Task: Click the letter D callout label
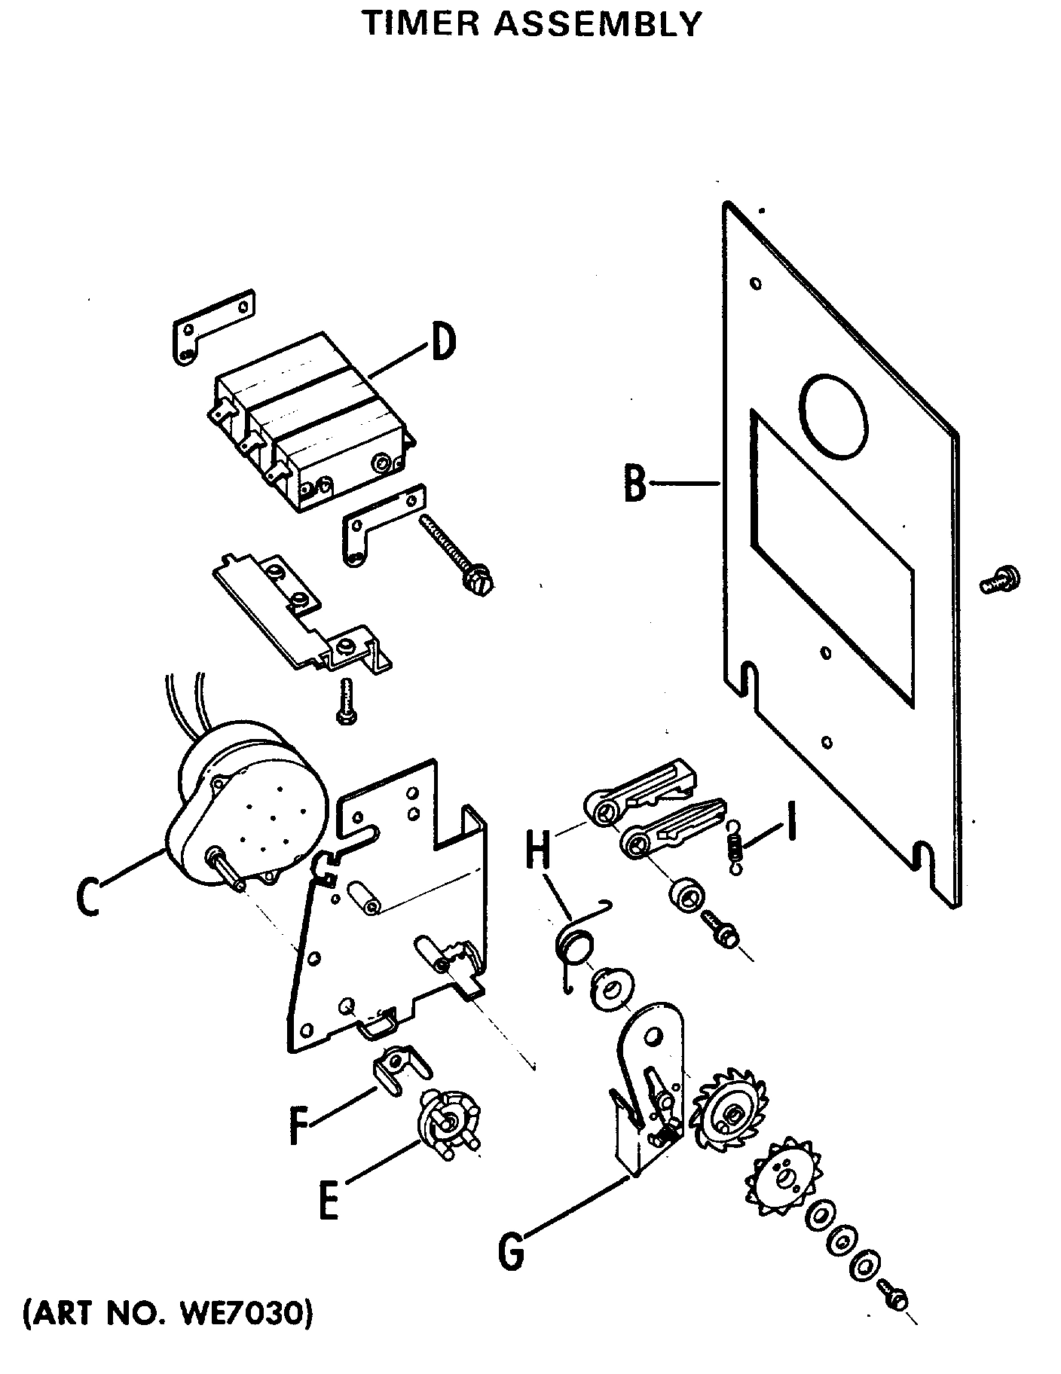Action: click(444, 340)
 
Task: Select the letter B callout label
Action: click(635, 484)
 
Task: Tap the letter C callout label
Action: click(88, 894)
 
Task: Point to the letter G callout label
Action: click(511, 1250)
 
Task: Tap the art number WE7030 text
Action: click(242, 1314)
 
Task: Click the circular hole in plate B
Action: click(835, 415)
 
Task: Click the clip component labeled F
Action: click(398, 1068)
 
